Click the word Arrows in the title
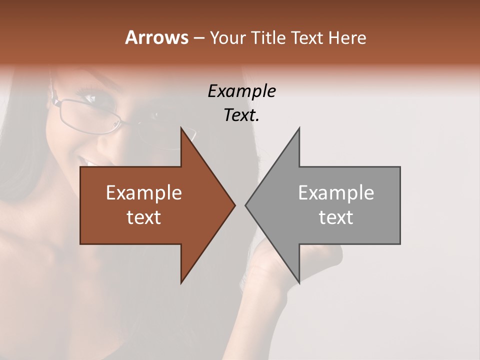156,37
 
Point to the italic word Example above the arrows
241,91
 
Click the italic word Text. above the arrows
241,115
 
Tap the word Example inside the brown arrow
144,193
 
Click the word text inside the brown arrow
144,217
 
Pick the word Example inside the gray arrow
336,193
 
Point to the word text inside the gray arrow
336,217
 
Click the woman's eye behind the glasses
90,98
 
